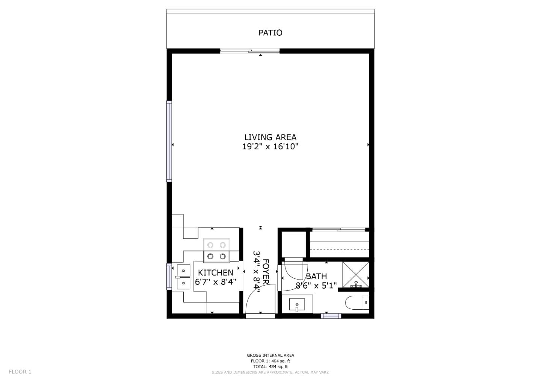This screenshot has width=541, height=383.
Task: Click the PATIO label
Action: pos(270,33)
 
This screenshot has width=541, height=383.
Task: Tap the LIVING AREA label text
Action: pos(270,137)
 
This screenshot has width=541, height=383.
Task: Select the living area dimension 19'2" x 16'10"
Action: pos(270,147)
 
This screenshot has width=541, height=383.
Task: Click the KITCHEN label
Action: pos(215,272)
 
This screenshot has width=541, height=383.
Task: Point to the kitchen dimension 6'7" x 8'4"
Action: pos(215,282)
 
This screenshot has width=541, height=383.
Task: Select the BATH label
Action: pos(316,276)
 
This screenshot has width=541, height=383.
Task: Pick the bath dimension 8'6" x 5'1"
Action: pos(316,286)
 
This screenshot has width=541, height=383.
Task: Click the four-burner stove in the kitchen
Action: pos(216,251)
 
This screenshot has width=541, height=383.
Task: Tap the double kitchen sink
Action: pos(183,277)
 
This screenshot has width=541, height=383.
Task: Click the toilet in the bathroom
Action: pos(357,303)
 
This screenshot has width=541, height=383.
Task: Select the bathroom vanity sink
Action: pos(297,304)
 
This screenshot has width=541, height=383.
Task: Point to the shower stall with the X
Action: pos(355,274)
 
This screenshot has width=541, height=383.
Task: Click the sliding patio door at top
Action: pos(250,51)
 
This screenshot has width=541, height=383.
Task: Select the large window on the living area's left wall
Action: pos(169,141)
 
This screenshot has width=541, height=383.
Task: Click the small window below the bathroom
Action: pos(331,316)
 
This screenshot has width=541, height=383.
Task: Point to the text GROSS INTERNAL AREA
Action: pos(270,355)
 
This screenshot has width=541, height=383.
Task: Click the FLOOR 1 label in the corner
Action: pos(20,372)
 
